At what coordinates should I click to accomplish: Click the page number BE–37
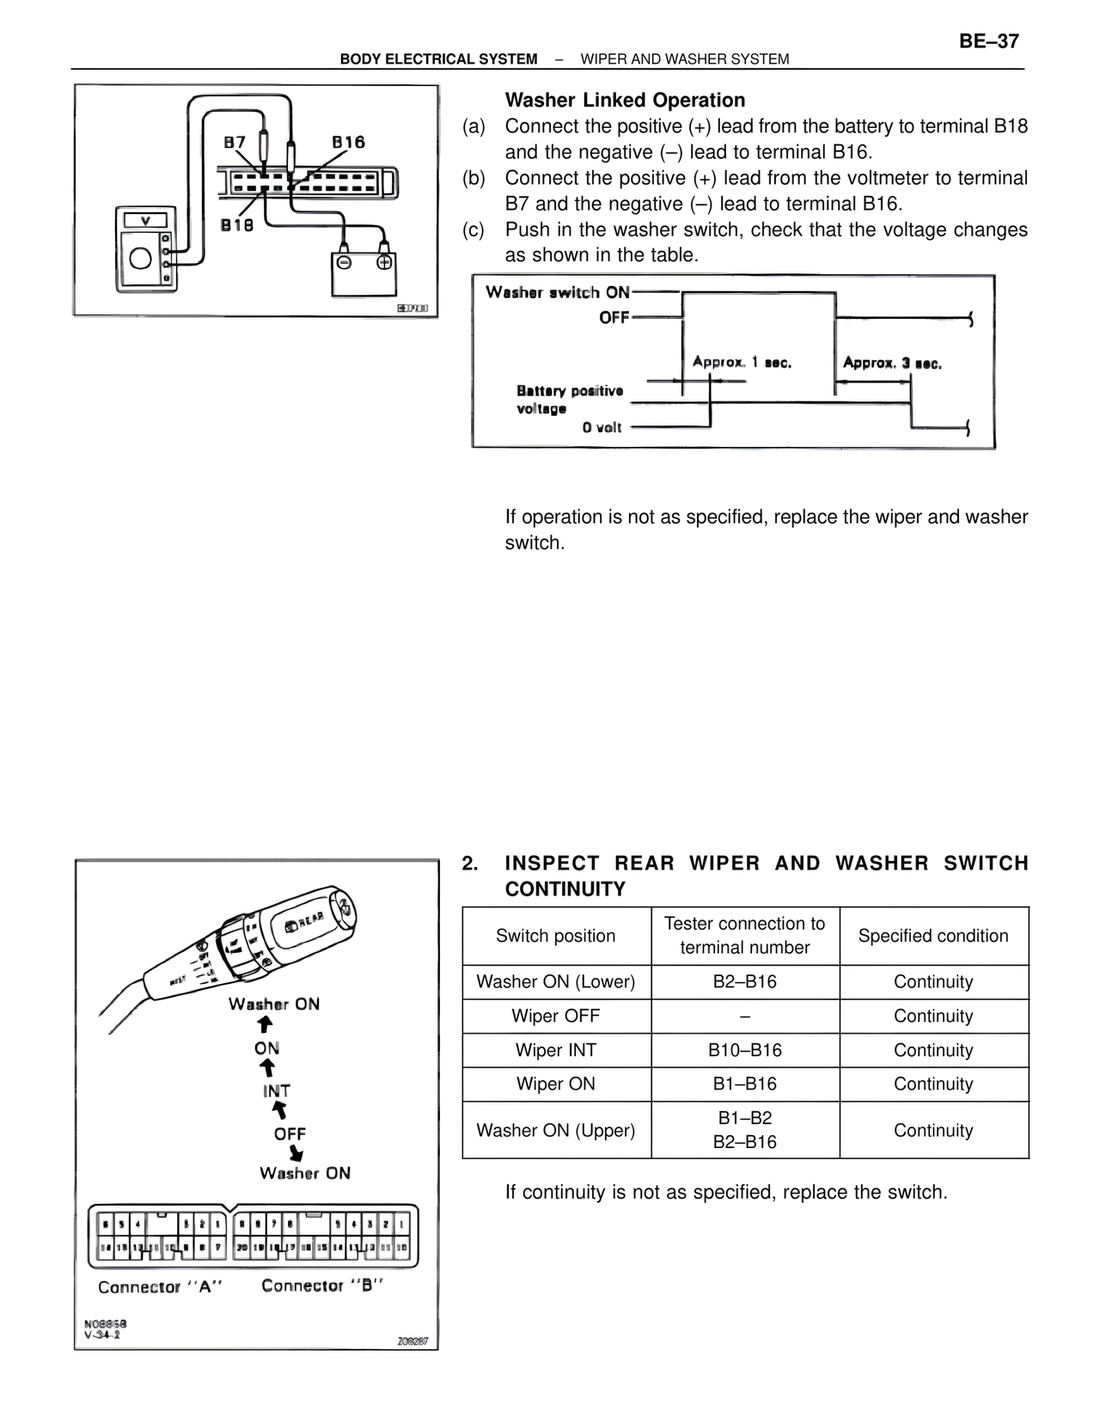988,41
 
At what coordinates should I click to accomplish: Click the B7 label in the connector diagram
235,143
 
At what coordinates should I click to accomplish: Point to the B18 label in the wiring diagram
237,225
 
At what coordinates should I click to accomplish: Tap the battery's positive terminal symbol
384,262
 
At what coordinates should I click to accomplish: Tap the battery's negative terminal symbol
343,262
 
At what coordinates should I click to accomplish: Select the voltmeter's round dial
140,257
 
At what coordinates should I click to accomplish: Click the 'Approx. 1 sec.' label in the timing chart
742,362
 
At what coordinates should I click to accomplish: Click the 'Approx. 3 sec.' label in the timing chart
892,363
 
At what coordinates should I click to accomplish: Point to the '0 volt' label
602,427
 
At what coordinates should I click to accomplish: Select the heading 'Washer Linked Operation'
625,101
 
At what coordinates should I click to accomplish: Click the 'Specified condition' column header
933,936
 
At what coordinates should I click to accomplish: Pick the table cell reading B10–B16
745,1050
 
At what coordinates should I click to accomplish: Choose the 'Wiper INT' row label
556,1050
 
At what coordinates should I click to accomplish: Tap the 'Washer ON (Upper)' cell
556,1130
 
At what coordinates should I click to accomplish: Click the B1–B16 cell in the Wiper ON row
745,1084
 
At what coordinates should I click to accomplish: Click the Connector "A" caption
160,1286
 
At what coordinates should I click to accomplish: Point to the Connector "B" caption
322,1286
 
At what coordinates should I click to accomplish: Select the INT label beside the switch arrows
277,1090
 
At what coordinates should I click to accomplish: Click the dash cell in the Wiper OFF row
745,1016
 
